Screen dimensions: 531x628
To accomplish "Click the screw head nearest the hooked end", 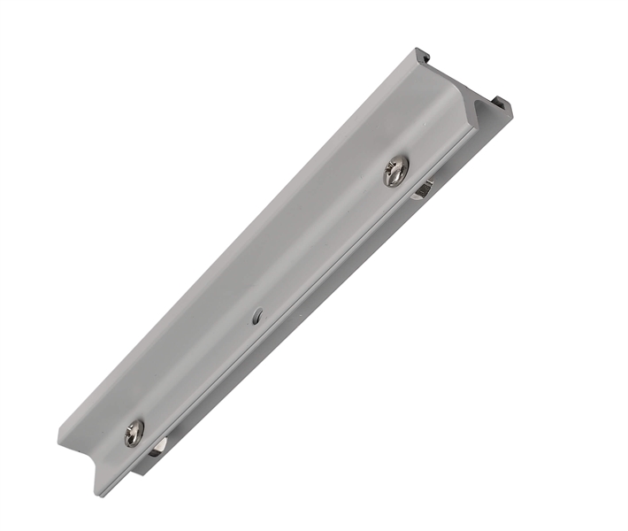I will click(396, 170).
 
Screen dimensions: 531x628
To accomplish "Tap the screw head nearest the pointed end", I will click(134, 432).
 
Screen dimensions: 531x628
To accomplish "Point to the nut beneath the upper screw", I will click(423, 188).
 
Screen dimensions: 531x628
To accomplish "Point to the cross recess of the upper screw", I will click(396, 170).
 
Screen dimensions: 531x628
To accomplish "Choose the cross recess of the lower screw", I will click(134, 432).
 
